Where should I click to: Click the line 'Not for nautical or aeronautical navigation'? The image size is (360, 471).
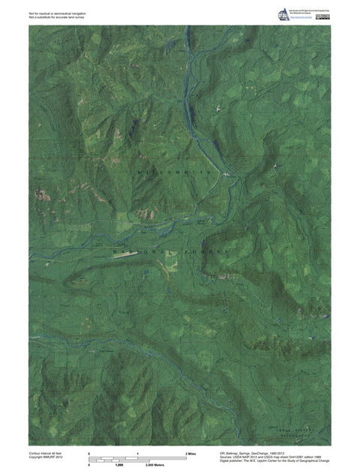coord(55,12)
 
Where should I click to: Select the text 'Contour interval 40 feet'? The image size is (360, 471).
coord(46,454)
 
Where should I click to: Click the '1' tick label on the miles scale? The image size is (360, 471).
coord(138,454)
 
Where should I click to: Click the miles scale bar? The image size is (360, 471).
coord(138,459)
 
